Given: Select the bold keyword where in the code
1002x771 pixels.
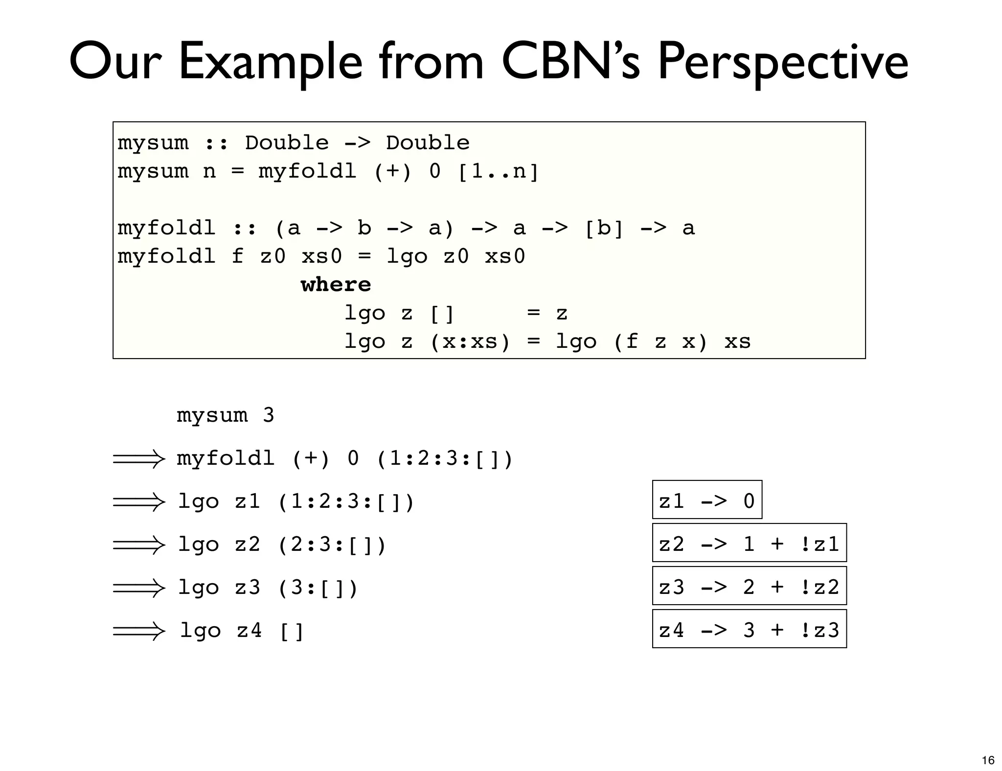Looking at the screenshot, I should pos(336,285).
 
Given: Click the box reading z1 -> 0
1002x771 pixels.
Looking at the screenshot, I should pos(707,500).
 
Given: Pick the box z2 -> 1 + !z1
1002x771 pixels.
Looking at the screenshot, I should pos(749,543).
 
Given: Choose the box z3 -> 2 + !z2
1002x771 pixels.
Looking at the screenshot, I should pos(749,586).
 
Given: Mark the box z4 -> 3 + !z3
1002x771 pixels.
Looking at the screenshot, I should pos(749,629).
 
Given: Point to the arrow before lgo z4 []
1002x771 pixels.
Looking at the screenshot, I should pos(139,631).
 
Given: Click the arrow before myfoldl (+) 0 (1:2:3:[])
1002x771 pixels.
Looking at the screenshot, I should pos(139,459).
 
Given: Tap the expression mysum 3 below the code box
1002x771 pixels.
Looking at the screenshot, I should pos(225,416).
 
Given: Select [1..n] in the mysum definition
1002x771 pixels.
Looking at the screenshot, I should pos(498,172).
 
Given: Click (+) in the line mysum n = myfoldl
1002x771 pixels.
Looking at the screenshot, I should pos(392,172).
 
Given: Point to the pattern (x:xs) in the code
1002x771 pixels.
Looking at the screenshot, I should pos(470,341).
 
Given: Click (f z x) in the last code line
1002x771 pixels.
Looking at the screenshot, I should pos(660,341).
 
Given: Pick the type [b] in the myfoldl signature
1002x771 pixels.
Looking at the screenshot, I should pos(604,228).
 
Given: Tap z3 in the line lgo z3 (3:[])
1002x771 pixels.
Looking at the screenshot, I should pos(248,587).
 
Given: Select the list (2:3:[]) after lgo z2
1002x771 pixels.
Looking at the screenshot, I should pos(332,544).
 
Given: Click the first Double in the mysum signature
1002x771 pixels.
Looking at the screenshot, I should pos(287,143).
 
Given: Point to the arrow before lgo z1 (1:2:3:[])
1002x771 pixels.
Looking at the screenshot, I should pos(139,502).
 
